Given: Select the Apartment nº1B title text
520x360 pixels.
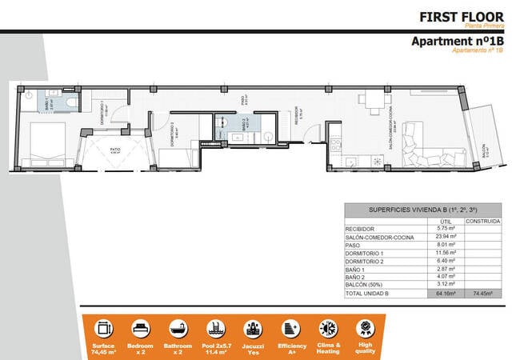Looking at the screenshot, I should click(457, 41).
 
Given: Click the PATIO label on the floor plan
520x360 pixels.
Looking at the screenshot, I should click(115, 149).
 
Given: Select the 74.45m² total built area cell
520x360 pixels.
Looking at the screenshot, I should click(482, 294).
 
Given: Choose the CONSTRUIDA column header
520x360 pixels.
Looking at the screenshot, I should click(482, 221).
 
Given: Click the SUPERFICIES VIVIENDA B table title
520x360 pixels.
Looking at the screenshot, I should click(422, 210).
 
